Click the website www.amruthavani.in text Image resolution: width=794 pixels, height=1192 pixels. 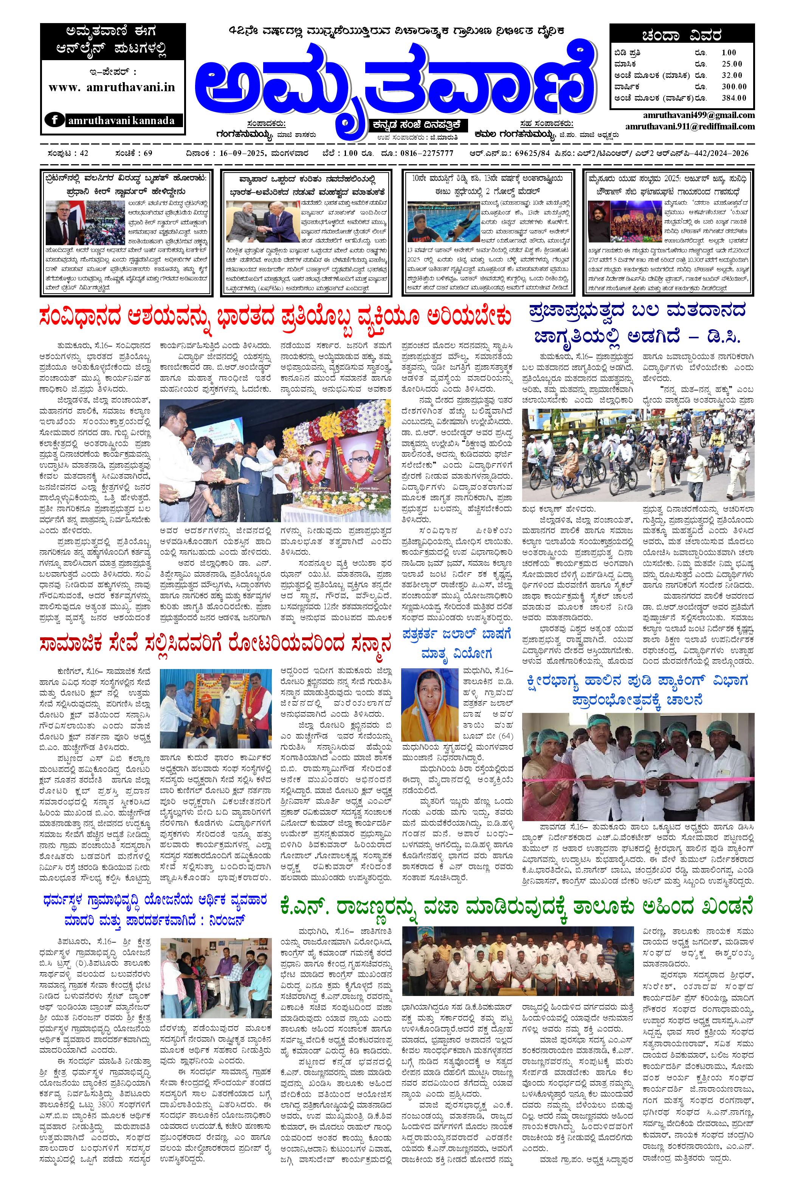[112, 87]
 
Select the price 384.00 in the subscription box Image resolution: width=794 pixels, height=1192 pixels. [734, 98]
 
